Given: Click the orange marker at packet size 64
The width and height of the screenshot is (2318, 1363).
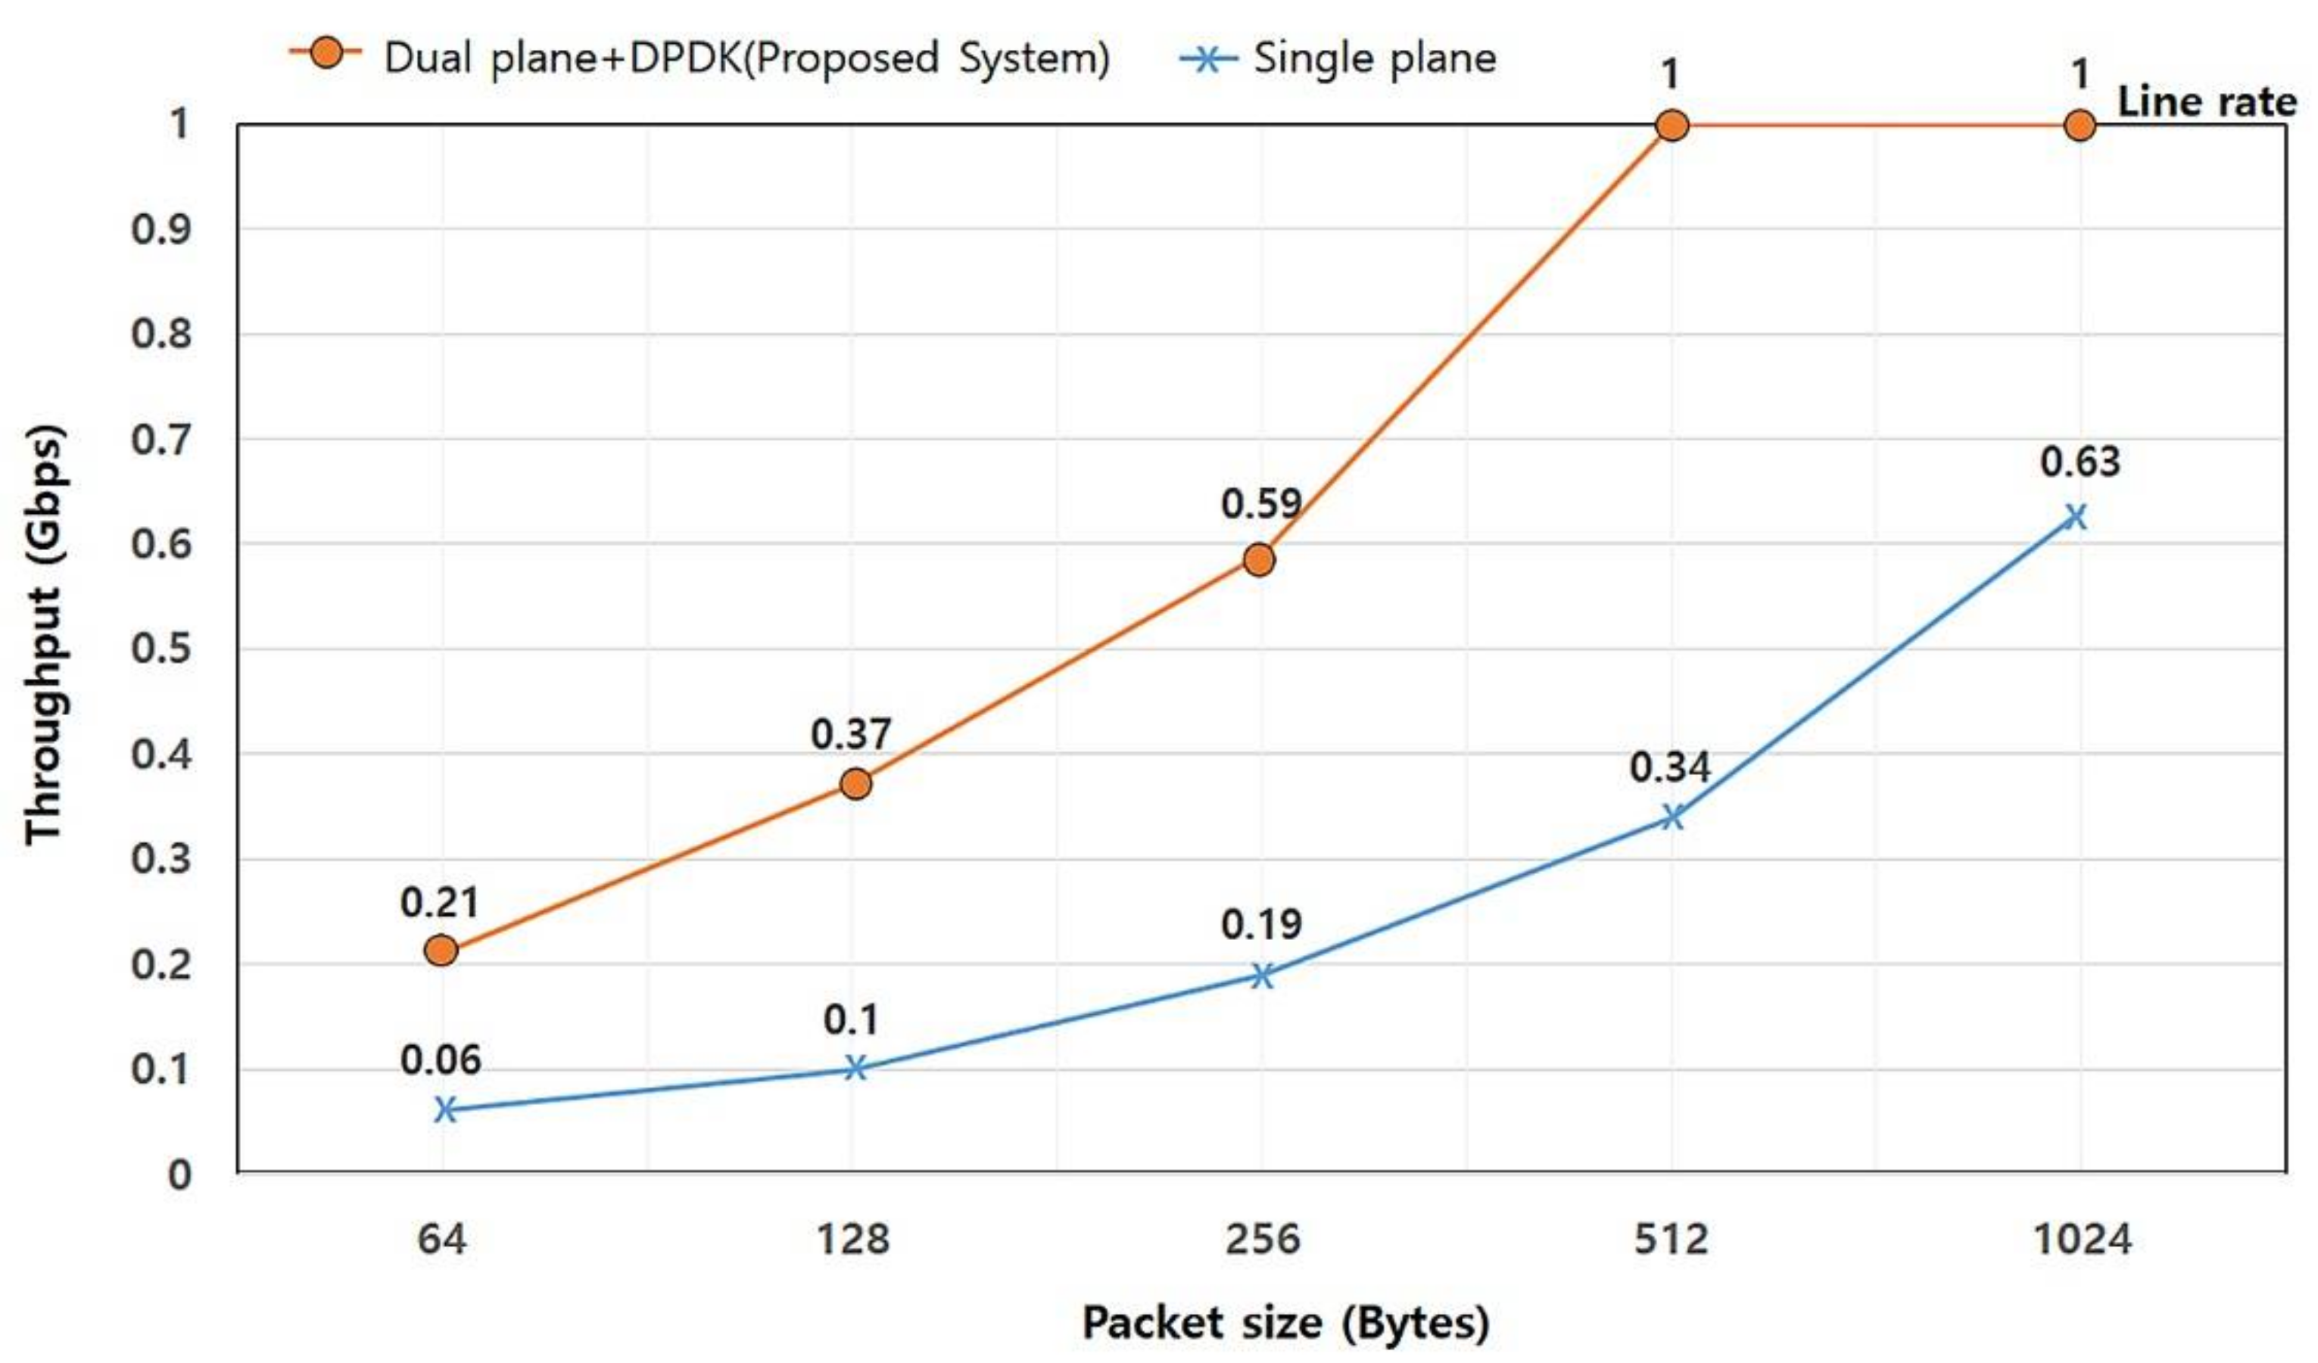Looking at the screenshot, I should (441, 950).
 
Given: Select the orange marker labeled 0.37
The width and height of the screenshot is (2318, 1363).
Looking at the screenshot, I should (855, 783).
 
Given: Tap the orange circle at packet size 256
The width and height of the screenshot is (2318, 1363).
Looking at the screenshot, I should (1259, 559).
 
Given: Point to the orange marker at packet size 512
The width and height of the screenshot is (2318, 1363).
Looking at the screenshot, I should (1672, 125).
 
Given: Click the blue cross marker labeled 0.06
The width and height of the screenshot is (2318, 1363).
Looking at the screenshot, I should (444, 1109).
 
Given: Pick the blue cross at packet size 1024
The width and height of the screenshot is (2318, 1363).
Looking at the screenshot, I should (2075, 517).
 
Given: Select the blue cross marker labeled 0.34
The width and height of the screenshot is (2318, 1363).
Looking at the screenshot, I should (1672, 816).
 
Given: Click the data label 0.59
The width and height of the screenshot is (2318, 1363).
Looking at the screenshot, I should (1261, 504).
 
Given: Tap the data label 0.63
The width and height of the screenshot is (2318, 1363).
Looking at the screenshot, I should (2080, 462).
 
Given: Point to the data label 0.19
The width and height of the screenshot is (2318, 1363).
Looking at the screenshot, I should (1261, 924).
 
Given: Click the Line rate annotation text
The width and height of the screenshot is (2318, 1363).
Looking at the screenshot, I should (2207, 102).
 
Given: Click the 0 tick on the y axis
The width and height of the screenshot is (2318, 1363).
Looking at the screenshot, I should (179, 1175).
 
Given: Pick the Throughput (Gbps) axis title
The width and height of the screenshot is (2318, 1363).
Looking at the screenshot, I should (44, 635).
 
